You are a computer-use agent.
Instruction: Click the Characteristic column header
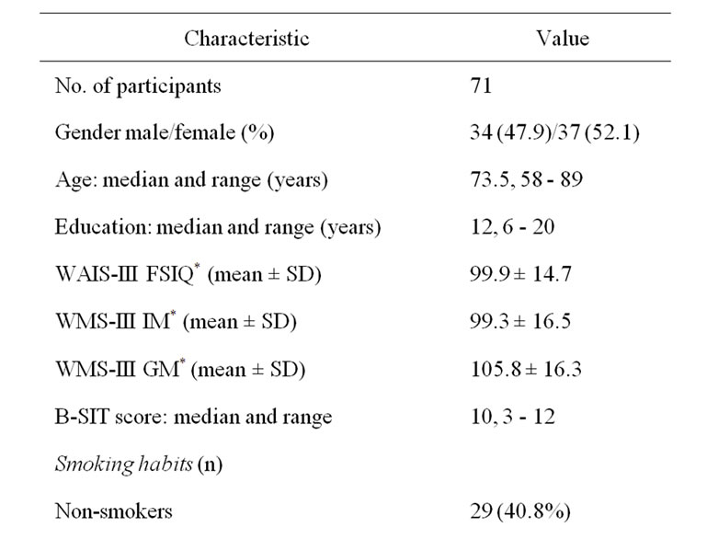click(x=246, y=39)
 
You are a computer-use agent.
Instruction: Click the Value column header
click(x=562, y=39)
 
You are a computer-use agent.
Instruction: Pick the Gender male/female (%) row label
click(x=164, y=133)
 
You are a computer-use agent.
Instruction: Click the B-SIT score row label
click(x=193, y=418)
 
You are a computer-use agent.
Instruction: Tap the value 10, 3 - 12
click(x=507, y=418)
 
